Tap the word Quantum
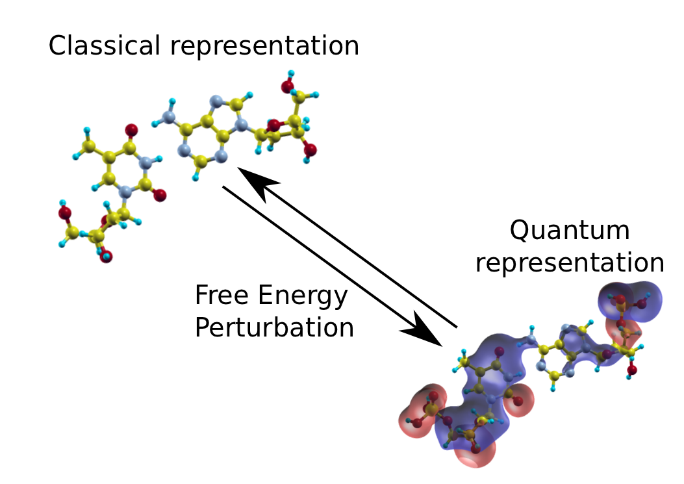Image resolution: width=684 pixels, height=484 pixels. pyautogui.click(x=569, y=231)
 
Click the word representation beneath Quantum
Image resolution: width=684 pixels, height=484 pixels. pyautogui.click(x=570, y=264)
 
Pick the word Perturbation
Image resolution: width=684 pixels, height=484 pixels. pyautogui.click(x=274, y=327)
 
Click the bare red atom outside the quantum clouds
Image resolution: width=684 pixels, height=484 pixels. pyautogui.click(x=631, y=370)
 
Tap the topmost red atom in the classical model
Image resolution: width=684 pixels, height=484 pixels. pyautogui.click(x=286, y=86)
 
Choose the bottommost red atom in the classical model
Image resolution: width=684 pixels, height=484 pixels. pyautogui.click(x=106, y=256)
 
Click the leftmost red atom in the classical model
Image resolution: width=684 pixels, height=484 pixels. pyautogui.click(x=64, y=212)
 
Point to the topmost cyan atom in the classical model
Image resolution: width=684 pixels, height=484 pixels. pyautogui.click(x=290, y=73)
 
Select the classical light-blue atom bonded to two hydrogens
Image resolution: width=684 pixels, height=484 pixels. pyautogui.click(x=168, y=117)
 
